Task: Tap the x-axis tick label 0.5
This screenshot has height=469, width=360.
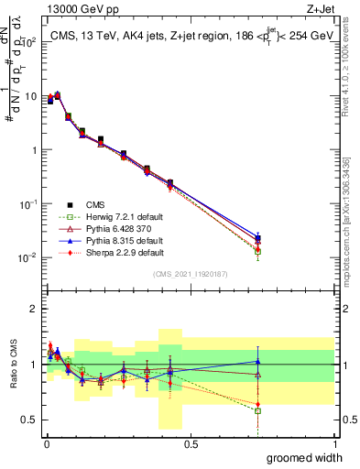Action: [x=191, y=443]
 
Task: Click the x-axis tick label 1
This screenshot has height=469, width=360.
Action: [x=334, y=443]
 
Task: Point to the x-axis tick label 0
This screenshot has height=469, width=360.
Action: [x=47, y=443]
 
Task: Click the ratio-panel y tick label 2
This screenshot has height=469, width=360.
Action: [x=34, y=309]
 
